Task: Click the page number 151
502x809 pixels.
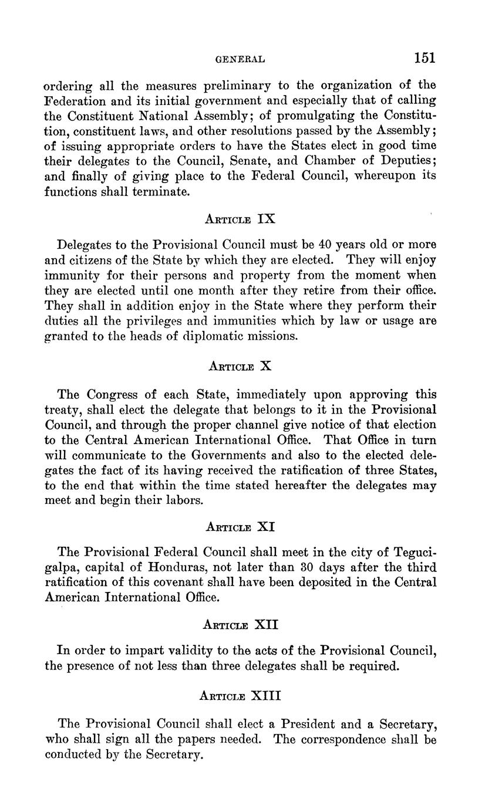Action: point(424,57)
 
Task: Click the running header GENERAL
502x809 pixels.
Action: point(241,59)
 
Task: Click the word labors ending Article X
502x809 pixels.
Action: point(183,501)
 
